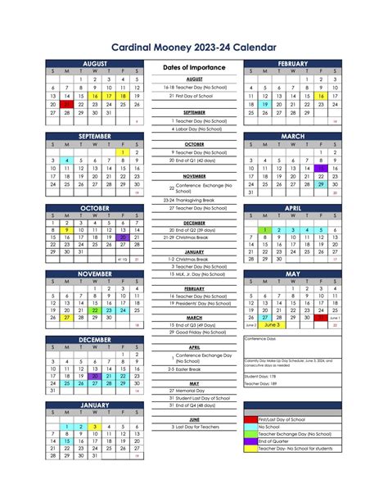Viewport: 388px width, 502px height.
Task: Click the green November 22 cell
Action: click(95, 310)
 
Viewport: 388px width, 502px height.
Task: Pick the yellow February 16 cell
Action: click(321, 96)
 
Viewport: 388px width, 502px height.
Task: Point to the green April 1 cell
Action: click(265, 230)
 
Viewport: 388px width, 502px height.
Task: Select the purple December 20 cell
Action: click(95, 376)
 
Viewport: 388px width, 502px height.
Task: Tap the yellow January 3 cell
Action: click(95, 427)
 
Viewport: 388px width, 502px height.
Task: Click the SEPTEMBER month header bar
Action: click(95, 136)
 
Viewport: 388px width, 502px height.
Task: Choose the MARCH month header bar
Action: click(292, 136)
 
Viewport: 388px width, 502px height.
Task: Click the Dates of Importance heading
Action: click(194, 67)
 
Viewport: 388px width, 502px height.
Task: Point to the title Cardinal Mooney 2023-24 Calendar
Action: click(194, 47)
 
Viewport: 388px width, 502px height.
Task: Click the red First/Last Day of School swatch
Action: click(250, 419)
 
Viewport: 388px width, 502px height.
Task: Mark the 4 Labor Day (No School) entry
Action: click(193, 129)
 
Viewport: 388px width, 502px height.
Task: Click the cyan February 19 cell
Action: click(265, 105)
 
